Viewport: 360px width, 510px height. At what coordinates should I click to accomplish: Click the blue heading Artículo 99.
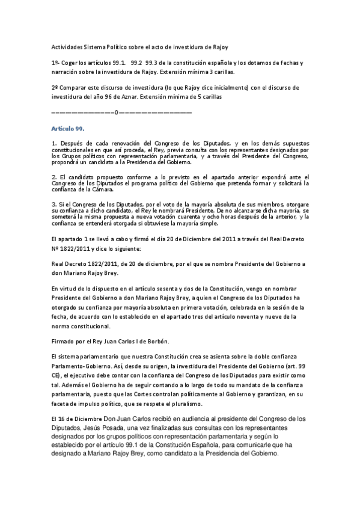click(68, 129)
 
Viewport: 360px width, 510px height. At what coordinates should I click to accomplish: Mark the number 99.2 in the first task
click(137, 63)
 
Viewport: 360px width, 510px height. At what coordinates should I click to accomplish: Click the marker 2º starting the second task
click(55, 86)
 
